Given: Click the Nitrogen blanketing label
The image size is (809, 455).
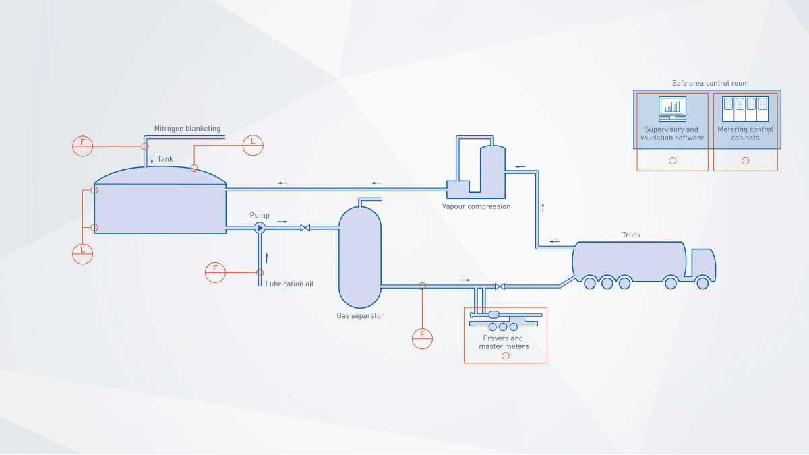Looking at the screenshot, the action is (187, 129).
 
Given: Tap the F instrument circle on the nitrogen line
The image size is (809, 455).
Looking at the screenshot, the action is (83, 146).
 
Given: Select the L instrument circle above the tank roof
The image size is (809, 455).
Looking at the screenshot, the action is (253, 146).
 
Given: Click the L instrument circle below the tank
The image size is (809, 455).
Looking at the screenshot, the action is (83, 254).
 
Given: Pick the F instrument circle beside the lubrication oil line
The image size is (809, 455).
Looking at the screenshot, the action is (215, 272).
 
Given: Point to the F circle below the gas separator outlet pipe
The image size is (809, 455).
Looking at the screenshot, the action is (422, 338).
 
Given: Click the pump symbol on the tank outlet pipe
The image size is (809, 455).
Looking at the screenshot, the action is (260, 228).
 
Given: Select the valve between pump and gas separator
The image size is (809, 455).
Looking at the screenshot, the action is (305, 228).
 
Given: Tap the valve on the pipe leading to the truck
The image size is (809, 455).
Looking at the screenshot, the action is (500, 286).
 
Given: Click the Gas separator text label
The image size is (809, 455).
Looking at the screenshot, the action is (360, 316).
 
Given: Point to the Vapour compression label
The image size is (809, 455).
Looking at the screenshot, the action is (476, 206).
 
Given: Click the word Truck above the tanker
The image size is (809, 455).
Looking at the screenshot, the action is (631, 235).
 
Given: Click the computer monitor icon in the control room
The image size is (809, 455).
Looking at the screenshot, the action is (672, 109).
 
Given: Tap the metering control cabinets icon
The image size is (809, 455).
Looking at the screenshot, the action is (746, 109).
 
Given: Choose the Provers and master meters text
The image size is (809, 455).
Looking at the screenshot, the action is (504, 342).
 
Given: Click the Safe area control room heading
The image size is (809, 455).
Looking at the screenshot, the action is (710, 83).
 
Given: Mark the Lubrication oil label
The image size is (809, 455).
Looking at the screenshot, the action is (289, 284).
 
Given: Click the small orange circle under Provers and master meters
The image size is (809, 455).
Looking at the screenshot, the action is (506, 356).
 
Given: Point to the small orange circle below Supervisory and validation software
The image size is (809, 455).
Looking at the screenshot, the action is (673, 160).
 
